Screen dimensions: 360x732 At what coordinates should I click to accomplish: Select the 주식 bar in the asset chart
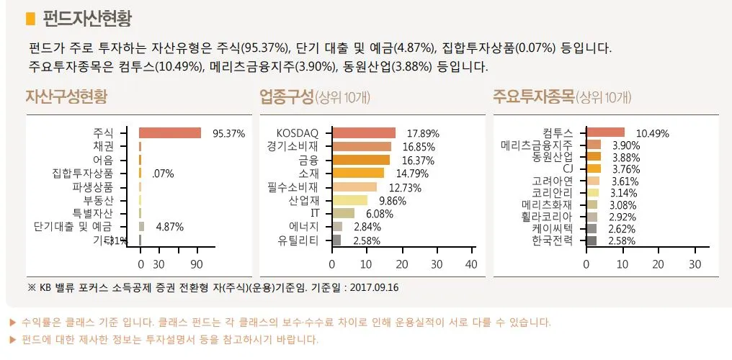(169, 133)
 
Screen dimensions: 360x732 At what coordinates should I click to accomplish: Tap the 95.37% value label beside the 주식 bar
(228, 134)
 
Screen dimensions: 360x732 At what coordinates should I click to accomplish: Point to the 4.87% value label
(169, 227)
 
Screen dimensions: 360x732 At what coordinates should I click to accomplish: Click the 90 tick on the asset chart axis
(195, 264)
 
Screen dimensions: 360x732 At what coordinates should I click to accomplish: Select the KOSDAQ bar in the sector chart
(364, 133)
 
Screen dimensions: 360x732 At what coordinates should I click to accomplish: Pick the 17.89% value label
(423, 134)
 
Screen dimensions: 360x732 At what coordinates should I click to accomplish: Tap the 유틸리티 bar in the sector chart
(336, 240)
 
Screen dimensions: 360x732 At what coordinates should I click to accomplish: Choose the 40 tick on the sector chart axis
(471, 264)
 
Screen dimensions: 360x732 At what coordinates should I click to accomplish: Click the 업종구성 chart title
(287, 96)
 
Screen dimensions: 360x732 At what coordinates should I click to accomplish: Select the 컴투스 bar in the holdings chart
(606, 132)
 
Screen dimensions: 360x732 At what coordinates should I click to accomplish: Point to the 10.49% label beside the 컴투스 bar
(651, 134)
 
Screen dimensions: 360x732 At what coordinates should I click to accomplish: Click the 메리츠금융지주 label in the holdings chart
(537, 145)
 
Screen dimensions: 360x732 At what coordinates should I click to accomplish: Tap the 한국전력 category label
(552, 240)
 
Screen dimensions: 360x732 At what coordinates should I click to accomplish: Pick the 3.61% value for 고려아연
(625, 181)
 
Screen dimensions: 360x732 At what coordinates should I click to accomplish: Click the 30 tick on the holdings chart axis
(695, 264)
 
